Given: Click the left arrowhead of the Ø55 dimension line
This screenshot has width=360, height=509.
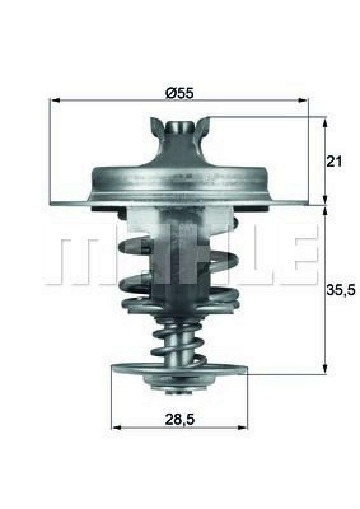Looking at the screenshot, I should [54, 101].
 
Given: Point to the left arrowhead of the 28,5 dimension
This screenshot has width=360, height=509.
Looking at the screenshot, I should [115, 427].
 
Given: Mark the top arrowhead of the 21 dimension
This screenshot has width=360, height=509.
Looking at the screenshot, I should [325, 121].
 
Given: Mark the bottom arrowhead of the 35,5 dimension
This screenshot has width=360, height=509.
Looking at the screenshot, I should [325, 370].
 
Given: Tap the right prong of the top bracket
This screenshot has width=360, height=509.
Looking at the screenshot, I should [204, 127].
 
